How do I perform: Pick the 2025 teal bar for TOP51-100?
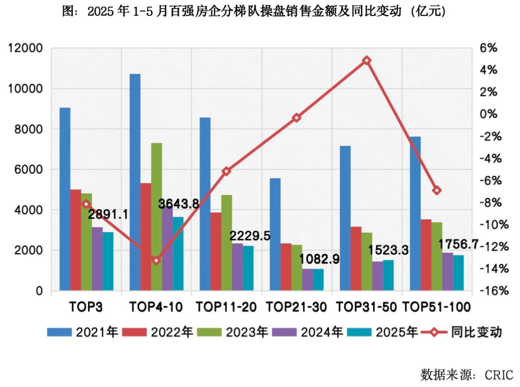pos(459,272)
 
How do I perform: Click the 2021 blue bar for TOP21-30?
pos(275,234)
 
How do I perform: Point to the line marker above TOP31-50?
pos(367,60)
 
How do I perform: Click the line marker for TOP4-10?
pos(156,261)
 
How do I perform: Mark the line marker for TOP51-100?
pos(437,190)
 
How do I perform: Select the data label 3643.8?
pos(178,204)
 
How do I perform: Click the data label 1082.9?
pos(319,259)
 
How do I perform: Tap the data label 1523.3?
pos(388,250)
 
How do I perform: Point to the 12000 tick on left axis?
pos(25,48)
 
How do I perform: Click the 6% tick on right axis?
pos(488,48)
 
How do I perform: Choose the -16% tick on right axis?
pos(494,291)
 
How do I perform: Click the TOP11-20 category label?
pos(226,307)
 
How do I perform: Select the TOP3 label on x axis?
pos(86,307)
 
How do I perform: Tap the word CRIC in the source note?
pos(498,375)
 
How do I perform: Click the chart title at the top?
pos(254,11)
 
